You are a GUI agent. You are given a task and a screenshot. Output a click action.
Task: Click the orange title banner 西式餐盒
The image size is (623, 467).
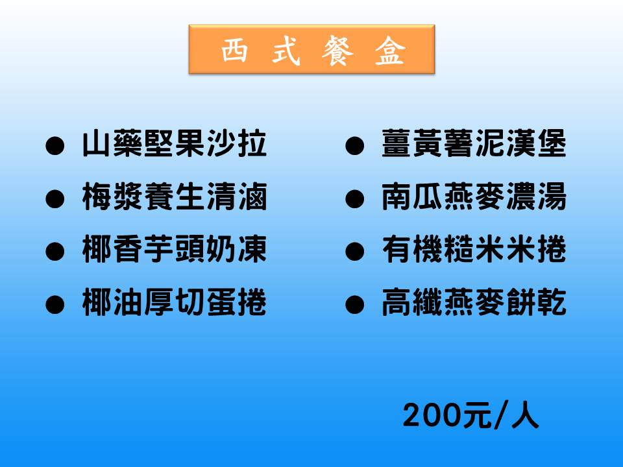[x=312, y=49]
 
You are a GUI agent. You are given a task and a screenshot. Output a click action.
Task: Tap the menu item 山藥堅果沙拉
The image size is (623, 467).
[x=175, y=143]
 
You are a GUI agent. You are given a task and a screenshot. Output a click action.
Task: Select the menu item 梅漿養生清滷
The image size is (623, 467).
[x=175, y=197]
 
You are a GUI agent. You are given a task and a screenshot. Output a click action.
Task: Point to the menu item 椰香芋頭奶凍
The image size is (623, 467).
[x=175, y=249]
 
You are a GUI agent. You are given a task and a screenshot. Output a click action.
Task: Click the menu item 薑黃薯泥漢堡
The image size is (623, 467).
[x=474, y=143]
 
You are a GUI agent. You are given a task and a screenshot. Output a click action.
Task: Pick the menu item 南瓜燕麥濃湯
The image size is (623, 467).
[x=474, y=197]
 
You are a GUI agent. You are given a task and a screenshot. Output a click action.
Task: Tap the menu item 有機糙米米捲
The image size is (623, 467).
[x=474, y=249]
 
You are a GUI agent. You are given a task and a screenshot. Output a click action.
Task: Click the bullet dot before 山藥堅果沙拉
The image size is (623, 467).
[x=55, y=146]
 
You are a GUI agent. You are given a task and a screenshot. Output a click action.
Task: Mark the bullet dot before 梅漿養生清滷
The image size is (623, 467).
[x=55, y=198]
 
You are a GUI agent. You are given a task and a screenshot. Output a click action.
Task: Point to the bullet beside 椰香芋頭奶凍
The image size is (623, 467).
[x=55, y=252]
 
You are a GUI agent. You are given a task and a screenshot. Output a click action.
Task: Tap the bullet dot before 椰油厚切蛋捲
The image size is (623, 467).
[x=55, y=305]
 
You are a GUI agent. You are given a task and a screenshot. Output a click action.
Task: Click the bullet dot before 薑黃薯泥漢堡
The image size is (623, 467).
[x=354, y=146]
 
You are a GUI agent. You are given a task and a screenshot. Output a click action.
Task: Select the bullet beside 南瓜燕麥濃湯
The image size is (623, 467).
[x=354, y=198]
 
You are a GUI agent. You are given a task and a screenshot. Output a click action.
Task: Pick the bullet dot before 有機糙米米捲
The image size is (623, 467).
[x=354, y=252]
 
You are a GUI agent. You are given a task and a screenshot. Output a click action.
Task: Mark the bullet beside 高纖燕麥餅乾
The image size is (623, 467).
[x=354, y=305]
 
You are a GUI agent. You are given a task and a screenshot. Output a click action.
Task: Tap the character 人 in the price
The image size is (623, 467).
[x=525, y=415]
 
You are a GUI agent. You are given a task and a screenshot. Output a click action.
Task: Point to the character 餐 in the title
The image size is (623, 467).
[x=337, y=51]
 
